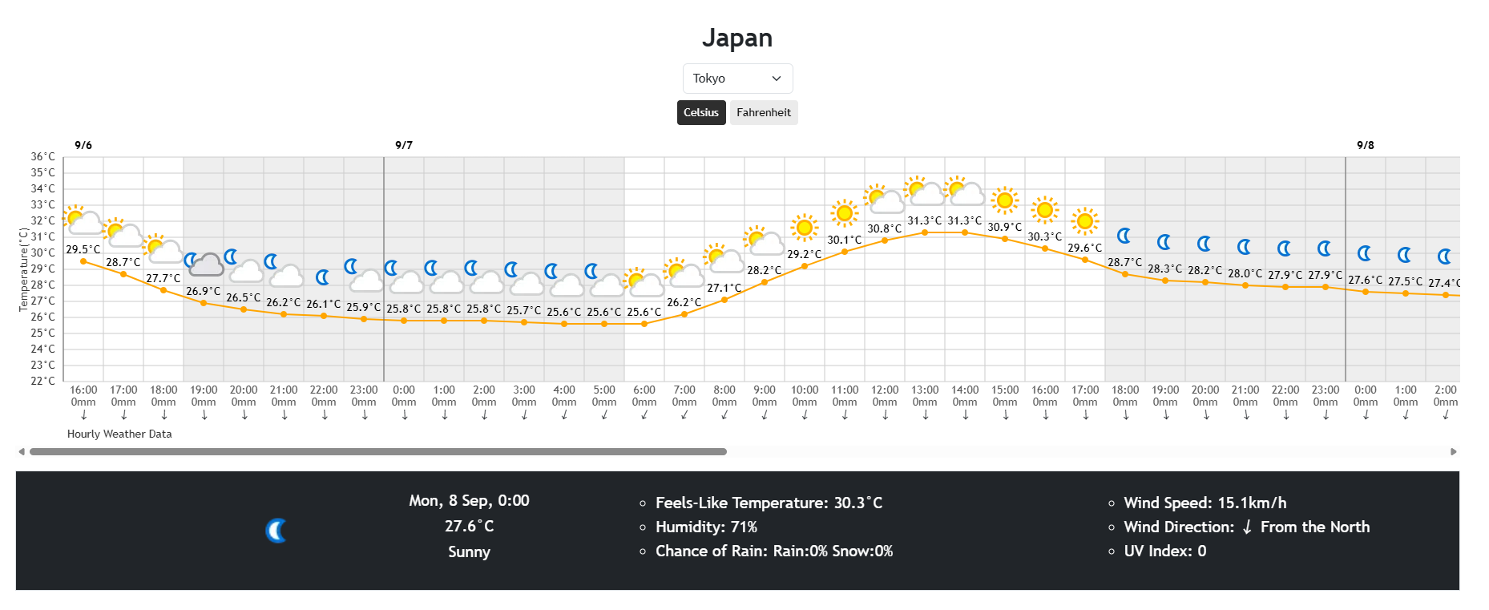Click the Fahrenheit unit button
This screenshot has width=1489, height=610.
pos(763,113)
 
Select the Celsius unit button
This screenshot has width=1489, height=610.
pos(701,113)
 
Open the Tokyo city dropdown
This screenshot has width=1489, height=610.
pos(737,79)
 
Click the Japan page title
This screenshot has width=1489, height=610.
pos(737,38)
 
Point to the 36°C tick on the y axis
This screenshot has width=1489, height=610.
pos(43,157)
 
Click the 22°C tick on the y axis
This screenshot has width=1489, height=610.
pos(43,381)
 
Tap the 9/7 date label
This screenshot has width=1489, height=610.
pos(404,145)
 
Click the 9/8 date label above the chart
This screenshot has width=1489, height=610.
pos(1366,145)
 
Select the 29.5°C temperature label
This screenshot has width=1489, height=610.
pos(83,250)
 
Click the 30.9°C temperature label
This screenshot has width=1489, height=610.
pos(1005,228)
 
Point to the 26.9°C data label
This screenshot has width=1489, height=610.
pos(204,292)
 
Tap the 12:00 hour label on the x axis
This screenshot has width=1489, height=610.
pos(885,390)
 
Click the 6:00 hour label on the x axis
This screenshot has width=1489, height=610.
pos(644,390)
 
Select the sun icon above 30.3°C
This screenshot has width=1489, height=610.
pos(1044,210)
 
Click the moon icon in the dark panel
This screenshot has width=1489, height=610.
pos(276,531)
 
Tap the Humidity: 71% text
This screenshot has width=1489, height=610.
pos(706,527)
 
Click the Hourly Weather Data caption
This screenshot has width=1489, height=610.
pos(119,434)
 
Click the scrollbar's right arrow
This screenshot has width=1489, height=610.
pos(1454,452)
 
